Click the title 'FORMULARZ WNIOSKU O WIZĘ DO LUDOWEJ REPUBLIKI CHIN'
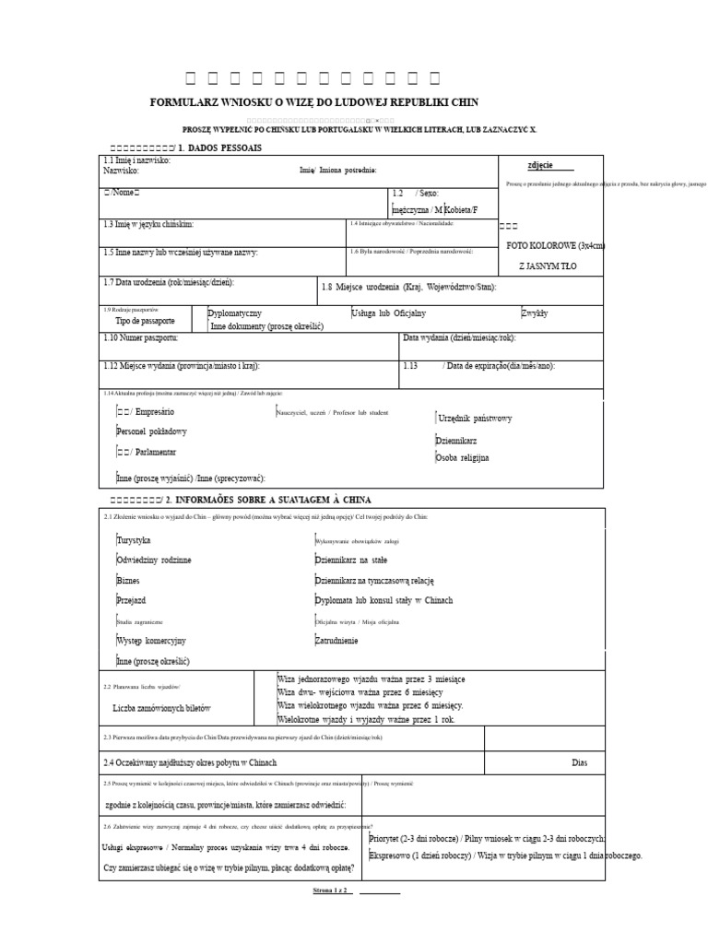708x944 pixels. click(314, 102)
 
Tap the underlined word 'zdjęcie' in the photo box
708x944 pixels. click(539, 165)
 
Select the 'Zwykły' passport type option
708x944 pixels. click(535, 313)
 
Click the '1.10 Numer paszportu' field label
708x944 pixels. click(147, 338)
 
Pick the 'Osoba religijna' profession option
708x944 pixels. click(463, 457)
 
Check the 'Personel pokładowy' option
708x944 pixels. click(152, 431)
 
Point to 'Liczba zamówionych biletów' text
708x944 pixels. click(161, 707)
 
